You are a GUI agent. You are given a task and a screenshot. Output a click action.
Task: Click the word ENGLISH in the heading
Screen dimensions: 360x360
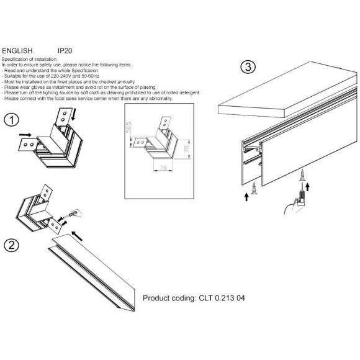17,51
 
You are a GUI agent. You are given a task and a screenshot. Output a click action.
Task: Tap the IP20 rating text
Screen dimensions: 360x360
65,51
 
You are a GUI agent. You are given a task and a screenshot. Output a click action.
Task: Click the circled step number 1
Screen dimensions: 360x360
11,120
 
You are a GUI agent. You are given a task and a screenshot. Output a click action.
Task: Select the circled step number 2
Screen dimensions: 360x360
11,245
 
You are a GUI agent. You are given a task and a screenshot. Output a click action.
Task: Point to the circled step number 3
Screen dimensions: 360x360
248,67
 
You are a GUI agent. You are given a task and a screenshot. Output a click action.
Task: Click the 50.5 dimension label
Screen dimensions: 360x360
128,127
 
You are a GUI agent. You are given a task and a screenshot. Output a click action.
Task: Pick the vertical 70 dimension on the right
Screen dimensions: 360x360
186,149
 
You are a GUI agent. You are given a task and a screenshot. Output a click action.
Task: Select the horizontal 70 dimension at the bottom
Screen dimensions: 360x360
163,168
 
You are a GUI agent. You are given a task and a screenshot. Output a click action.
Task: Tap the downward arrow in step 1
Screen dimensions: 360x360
73,115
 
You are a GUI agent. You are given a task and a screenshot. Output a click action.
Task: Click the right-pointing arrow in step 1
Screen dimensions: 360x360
25,135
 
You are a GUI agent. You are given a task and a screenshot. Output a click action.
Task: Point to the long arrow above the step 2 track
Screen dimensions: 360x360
77,236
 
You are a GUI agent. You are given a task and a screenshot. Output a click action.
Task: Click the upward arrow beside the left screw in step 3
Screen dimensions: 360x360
246,197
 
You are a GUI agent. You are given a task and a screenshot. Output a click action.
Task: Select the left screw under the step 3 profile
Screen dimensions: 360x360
254,188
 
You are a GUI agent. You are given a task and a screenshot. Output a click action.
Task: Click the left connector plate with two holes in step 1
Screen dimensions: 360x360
28,145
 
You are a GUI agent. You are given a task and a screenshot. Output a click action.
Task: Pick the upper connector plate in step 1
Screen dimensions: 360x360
63,117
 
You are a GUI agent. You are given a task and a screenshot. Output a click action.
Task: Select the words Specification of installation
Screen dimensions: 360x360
29,59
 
